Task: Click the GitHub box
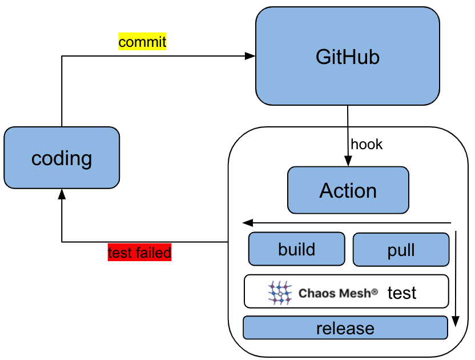click(347, 57)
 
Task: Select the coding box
click(62, 158)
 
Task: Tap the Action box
click(348, 190)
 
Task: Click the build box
click(296, 249)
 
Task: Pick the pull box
click(401, 250)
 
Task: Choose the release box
click(345, 328)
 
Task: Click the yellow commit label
click(142, 42)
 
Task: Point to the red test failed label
click(140, 253)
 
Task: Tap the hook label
click(367, 145)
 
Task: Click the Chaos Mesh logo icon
click(280, 292)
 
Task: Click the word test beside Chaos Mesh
click(402, 293)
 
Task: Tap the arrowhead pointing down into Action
click(348, 162)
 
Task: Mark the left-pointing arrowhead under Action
click(247, 222)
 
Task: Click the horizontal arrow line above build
click(348, 222)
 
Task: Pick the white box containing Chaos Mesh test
click(346, 292)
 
